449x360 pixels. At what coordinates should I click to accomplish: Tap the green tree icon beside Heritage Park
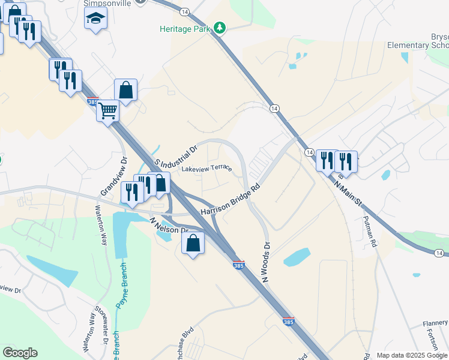pos(220,28)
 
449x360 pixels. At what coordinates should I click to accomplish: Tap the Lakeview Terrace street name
pos(206,168)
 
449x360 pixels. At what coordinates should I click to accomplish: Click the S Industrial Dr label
pos(176,155)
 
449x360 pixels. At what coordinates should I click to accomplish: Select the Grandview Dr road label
pos(115,176)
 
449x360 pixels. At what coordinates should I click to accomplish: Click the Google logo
pos(20,353)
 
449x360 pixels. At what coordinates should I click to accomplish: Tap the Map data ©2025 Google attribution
pos(411,355)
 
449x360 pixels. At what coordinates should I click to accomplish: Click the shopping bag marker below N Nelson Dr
pos(193,244)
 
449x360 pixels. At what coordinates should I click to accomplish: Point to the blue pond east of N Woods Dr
pos(297,257)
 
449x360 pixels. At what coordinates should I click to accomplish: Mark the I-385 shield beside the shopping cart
pos(92,101)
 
